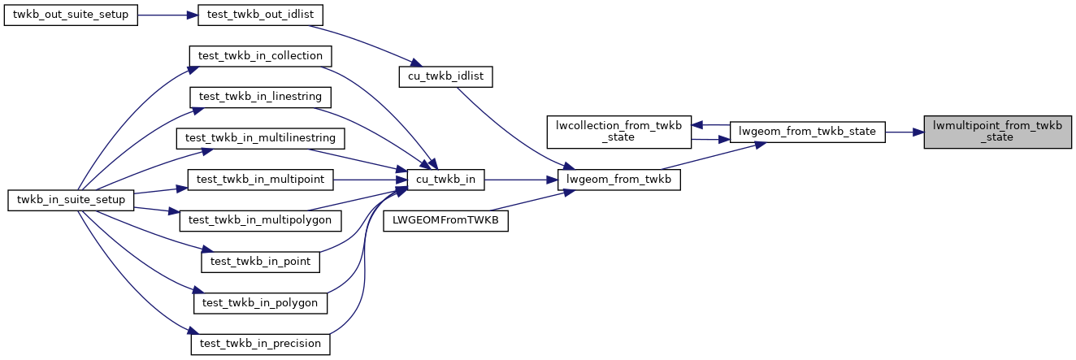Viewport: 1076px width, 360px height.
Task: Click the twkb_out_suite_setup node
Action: point(71,16)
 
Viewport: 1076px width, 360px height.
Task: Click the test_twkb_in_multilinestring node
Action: point(261,137)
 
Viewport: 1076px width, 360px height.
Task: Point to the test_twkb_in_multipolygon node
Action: point(261,219)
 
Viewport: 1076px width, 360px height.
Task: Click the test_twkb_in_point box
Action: point(261,262)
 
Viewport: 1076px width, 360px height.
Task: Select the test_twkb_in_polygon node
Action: point(261,302)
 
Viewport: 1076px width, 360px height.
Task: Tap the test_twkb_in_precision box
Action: point(261,344)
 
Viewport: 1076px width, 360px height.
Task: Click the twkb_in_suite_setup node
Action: point(71,199)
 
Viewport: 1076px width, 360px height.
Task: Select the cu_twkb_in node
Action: point(445,178)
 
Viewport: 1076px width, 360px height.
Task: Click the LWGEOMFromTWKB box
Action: point(445,219)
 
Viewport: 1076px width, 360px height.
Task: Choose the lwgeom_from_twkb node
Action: point(618,178)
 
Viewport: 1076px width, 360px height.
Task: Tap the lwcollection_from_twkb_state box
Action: point(618,131)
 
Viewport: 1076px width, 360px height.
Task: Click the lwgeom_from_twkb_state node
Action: point(806,131)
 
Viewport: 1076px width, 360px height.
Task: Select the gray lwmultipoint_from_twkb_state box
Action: point(997,131)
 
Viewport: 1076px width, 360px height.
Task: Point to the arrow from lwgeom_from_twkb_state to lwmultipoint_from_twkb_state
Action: point(904,131)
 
